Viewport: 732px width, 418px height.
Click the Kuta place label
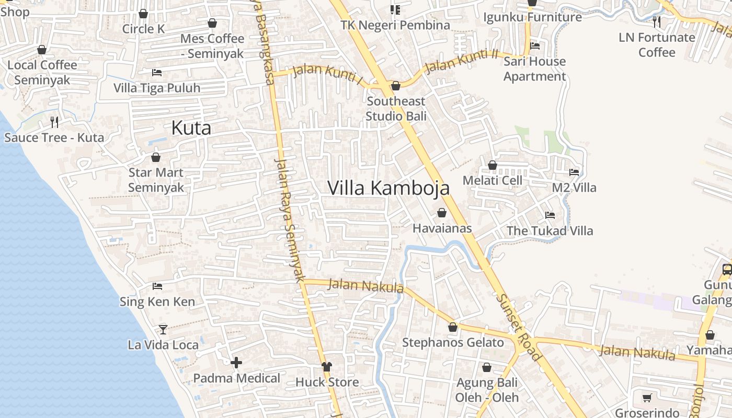pos(191,128)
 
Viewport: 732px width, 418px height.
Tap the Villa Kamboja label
pos(388,188)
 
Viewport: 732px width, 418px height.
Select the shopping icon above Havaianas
pos(442,213)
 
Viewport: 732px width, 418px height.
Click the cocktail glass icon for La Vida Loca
pos(163,329)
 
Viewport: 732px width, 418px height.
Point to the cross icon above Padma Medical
pos(236,362)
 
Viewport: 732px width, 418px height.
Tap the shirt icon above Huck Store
pos(327,366)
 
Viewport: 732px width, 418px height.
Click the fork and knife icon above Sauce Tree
pos(54,122)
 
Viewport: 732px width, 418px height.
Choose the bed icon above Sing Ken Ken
pos(157,286)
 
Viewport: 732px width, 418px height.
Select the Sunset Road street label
pos(518,327)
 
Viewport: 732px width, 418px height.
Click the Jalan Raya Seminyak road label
pos(289,220)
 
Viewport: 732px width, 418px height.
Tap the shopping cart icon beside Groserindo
pos(647,398)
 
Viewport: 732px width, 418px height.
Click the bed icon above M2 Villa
pos(574,172)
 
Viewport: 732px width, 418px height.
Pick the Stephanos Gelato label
pos(453,343)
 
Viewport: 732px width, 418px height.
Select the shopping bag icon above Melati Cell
pos(492,165)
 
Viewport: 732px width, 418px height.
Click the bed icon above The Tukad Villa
pos(550,215)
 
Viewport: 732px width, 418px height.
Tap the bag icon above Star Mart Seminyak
pos(155,157)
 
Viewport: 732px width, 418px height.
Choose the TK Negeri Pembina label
pos(395,25)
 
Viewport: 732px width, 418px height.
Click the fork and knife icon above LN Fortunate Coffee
pos(657,21)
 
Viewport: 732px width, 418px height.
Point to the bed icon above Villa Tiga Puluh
pos(157,72)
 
